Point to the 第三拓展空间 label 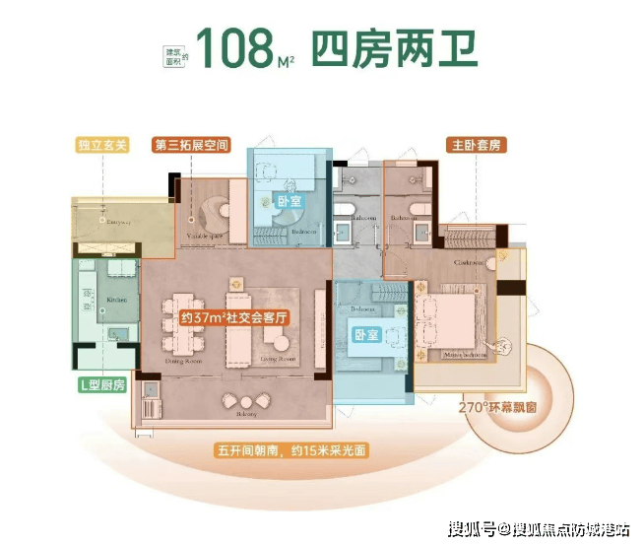tap(192, 145)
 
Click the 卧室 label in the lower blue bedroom tap(365, 334)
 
